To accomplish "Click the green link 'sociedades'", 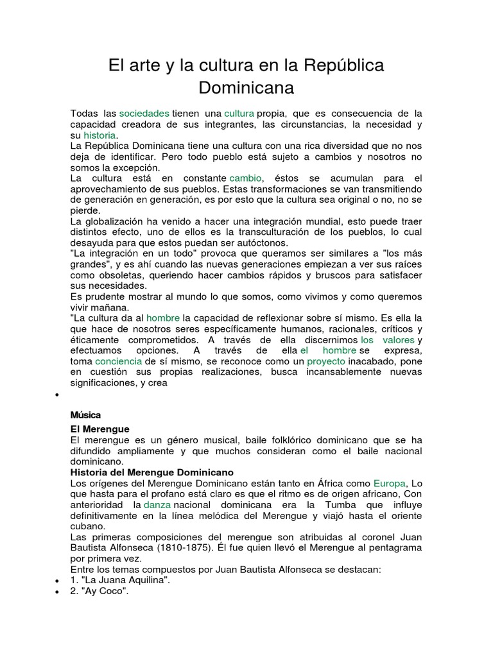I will click(144, 113).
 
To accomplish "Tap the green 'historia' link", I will click(99, 135).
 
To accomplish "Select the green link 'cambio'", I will click(246, 178).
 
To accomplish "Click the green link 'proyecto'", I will click(326, 361).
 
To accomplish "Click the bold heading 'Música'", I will click(85, 415).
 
